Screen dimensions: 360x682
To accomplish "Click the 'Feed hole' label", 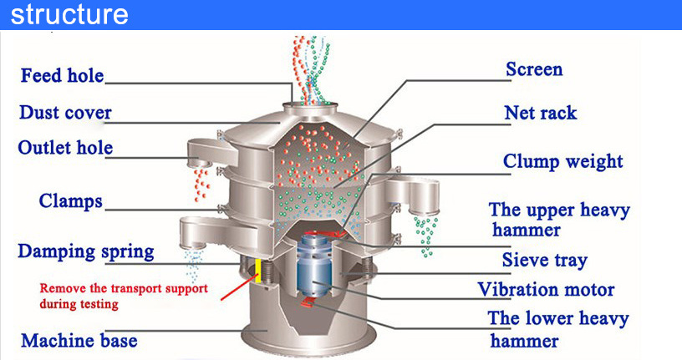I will [x=63, y=76].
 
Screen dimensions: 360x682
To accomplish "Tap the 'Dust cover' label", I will [x=65, y=113].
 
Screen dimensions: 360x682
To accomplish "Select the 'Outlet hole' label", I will [x=65, y=149].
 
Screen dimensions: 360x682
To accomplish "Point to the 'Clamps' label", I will [x=71, y=201].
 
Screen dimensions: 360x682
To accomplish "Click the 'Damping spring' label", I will [x=86, y=251].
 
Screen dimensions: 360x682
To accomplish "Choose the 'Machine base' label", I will [x=79, y=341].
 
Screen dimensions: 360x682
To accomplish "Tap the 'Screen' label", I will [x=534, y=69].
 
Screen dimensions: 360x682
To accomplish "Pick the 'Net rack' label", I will [x=541, y=112].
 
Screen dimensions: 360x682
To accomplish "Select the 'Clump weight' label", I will [x=562, y=161].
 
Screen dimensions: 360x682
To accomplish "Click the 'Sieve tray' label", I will [x=544, y=260].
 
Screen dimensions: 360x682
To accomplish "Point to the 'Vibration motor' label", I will [x=546, y=290].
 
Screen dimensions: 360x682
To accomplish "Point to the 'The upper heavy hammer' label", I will [x=559, y=220].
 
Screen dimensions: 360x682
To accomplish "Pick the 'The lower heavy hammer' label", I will [x=558, y=329].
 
